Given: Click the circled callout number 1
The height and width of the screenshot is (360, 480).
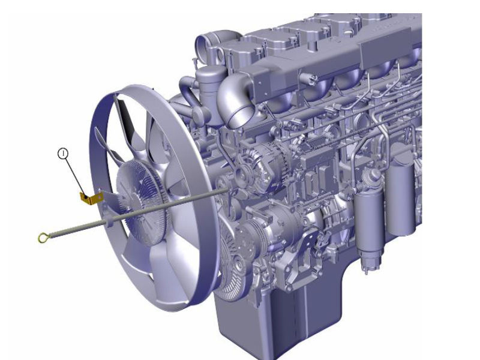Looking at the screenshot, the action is [x=63, y=154].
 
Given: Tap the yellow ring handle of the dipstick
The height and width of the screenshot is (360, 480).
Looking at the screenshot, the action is [x=43, y=237].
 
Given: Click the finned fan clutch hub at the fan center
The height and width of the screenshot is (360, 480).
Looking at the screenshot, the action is [x=142, y=202].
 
